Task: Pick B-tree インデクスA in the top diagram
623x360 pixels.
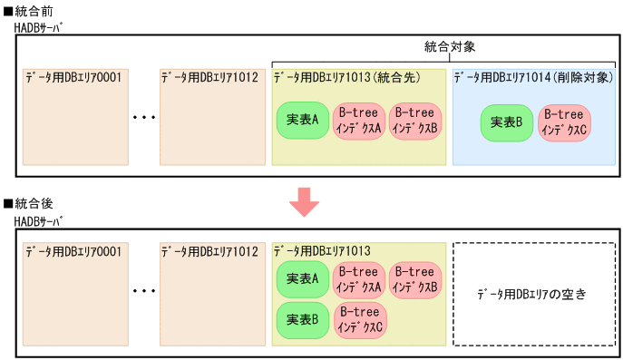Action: [x=358, y=121]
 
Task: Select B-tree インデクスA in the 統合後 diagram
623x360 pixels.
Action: [x=358, y=278]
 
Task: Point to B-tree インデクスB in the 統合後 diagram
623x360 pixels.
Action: [x=415, y=278]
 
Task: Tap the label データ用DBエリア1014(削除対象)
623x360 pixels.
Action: [x=534, y=77]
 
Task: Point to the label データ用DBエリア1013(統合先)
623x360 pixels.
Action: [x=346, y=77]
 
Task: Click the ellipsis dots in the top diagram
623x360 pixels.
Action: [x=145, y=118]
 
